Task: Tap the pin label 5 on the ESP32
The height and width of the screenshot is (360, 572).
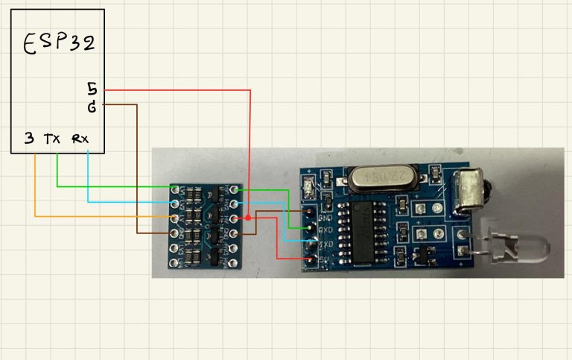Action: click(92, 89)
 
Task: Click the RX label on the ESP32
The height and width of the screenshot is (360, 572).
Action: click(80, 139)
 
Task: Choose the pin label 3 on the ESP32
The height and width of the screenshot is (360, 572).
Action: click(28, 139)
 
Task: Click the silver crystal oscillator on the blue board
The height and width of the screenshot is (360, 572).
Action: click(378, 177)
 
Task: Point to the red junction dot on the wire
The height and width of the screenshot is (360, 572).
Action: click(247, 218)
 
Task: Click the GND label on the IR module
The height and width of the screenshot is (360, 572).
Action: click(325, 218)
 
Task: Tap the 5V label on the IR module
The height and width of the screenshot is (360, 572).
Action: click(325, 258)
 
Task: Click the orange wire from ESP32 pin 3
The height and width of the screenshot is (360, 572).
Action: click(35, 186)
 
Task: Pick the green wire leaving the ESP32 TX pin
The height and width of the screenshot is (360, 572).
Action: click(58, 171)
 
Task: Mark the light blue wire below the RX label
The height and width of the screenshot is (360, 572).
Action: click(88, 179)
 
